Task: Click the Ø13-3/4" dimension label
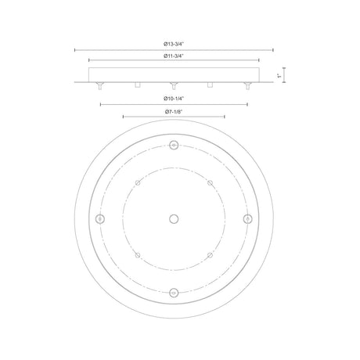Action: tap(174, 44)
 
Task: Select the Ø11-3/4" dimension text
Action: tap(174, 56)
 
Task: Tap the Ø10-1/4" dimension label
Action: tap(174, 99)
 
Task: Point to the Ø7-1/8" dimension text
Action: tap(174, 112)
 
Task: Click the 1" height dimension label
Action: tap(279, 76)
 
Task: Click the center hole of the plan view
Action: tap(174, 219)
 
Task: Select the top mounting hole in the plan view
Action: tap(174, 145)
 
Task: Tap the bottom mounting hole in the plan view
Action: tap(174, 293)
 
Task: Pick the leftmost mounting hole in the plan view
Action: tap(100, 219)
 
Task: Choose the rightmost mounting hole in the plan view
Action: tap(247, 219)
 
